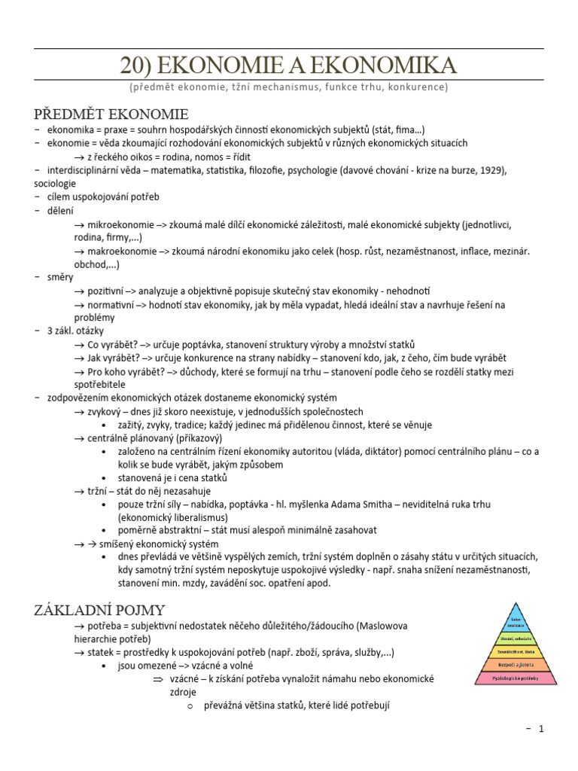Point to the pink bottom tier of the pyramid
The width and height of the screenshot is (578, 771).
coord(516,678)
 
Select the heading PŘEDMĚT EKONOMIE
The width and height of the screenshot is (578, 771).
coord(111,114)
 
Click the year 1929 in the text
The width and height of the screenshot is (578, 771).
coord(490,170)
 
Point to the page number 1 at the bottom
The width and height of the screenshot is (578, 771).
coord(540,729)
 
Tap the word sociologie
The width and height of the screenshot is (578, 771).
coord(55,183)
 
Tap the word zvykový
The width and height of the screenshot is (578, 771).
coord(105,411)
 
